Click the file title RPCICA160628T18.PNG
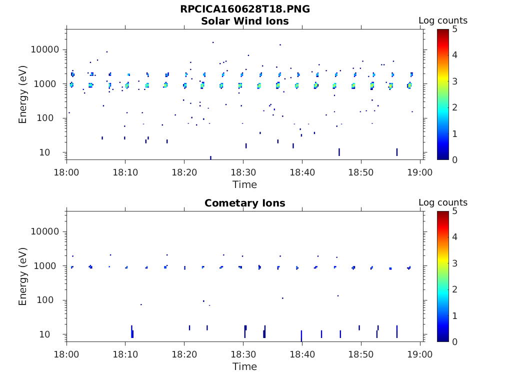click(244, 9)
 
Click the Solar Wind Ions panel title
click(244, 21)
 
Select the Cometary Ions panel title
click(244, 203)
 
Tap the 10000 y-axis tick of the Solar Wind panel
click(45, 49)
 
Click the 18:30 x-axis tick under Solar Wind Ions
click(243, 172)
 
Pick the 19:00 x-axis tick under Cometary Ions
click(420, 354)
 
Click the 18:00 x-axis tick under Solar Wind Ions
click(66, 172)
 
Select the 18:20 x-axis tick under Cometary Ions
click(184, 354)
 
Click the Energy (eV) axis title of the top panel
click(23, 94)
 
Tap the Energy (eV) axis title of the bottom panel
click(23, 276)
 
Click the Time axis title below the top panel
click(244, 184)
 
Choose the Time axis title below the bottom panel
click(244, 366)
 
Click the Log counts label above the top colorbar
click(442, 20)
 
